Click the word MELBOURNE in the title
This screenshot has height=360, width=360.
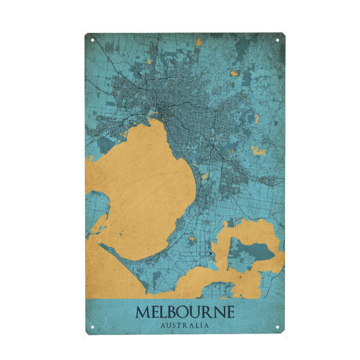(185, 313)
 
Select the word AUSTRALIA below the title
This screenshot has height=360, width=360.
(185, 326)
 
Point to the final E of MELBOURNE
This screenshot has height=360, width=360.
(229, 313)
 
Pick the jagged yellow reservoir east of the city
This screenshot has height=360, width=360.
(259, 150)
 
